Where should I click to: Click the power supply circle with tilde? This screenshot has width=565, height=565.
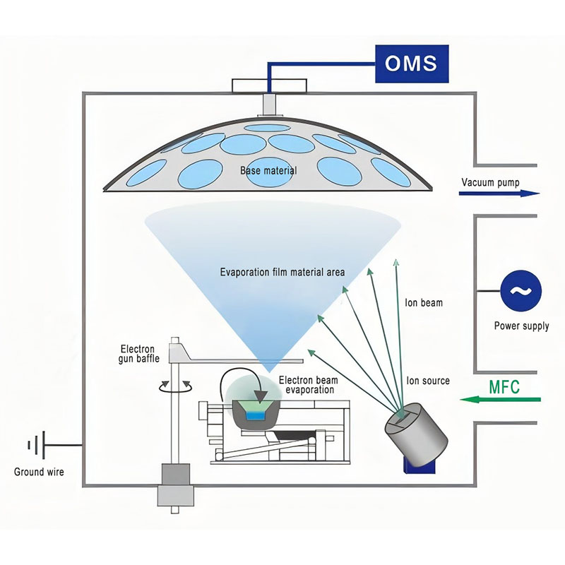522,292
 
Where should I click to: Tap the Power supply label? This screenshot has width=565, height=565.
522,326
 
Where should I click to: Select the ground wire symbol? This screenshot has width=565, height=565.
35,446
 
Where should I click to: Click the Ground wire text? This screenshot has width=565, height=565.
39,471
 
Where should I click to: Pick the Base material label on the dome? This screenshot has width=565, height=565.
268,171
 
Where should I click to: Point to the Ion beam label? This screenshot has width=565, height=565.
424,303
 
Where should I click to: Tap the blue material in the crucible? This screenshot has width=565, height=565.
254,417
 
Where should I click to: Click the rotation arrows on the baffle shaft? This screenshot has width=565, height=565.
174,386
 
